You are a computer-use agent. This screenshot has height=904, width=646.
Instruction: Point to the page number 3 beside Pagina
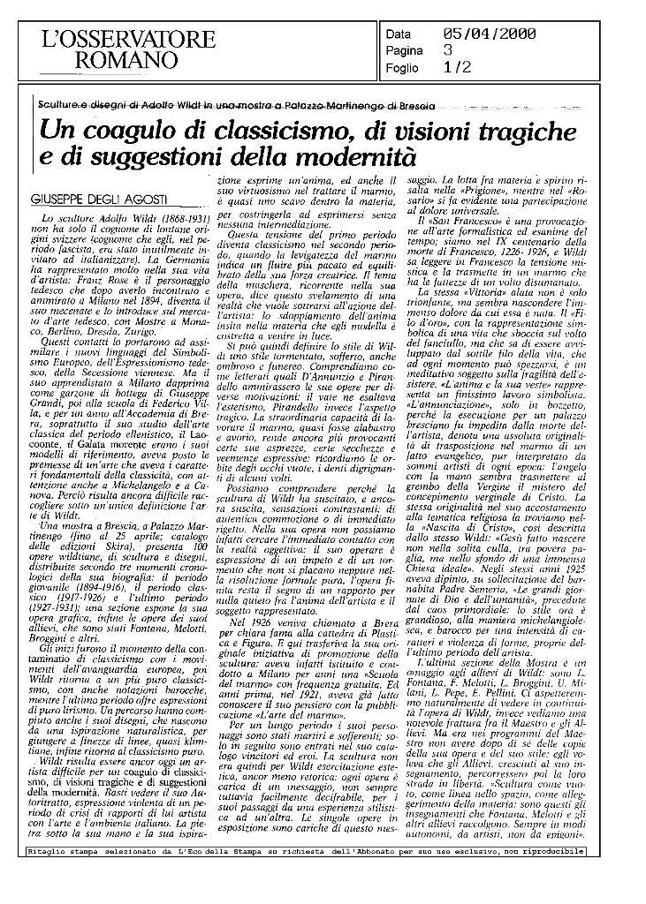pyautogui.click(x=446, y=50)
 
